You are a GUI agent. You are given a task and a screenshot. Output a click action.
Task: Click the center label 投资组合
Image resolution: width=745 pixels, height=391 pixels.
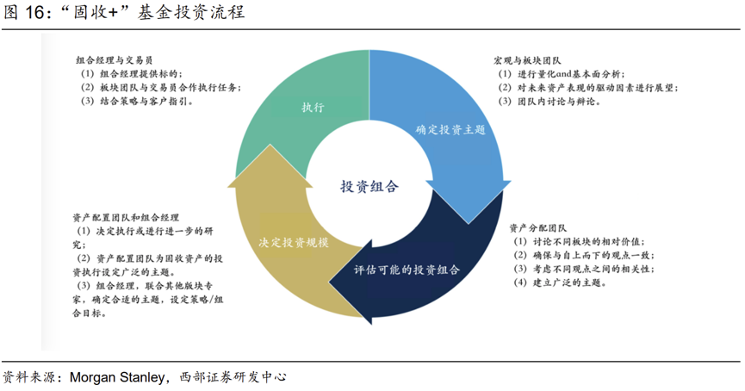[369, 186]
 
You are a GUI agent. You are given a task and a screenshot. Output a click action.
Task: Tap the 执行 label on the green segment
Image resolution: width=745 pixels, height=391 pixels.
[313, 108]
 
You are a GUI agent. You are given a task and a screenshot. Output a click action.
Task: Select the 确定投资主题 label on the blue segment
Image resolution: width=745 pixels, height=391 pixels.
[450, 130]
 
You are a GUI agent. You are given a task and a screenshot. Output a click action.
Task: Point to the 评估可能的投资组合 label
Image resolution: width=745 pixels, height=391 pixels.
[407, 270]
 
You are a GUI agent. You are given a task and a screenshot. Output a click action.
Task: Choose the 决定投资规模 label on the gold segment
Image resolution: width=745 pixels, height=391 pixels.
[294, 242]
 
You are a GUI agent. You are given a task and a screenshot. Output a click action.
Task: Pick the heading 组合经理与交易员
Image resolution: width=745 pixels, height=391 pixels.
[115, 60]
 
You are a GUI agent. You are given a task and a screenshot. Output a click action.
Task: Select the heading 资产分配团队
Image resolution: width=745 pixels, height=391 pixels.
[537, 228]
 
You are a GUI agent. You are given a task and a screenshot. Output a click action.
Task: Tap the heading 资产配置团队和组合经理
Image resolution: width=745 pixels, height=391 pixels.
[126, 218]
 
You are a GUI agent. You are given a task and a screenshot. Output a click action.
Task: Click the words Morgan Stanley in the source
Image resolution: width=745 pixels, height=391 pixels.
[117, 377]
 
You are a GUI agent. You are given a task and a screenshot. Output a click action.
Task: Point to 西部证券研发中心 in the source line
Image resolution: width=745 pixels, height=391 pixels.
[233, 377]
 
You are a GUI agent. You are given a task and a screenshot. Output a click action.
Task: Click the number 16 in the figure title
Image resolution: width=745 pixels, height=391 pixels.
[34, 12]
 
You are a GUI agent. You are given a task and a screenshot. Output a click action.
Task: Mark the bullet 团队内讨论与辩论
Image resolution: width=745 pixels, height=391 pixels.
[559, 101]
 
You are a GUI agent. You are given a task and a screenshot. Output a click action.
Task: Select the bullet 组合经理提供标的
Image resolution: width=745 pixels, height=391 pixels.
[141, 74]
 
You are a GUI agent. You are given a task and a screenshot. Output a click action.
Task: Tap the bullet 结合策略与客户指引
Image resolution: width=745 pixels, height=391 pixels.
[146, 101]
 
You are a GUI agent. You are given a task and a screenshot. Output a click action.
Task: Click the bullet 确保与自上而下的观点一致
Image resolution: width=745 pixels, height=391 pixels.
[594, 255]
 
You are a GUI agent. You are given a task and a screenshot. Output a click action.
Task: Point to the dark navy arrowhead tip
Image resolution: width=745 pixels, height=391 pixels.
[330, 284]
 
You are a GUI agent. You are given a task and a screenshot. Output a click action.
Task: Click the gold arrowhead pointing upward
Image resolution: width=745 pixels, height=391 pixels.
[270, 166]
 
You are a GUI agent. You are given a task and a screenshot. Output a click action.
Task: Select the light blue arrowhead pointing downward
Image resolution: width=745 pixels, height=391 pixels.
[469, 202]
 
